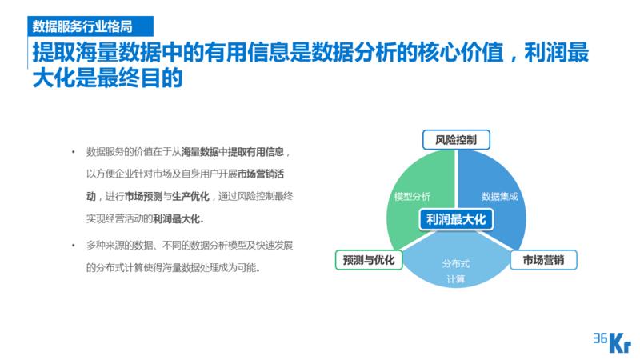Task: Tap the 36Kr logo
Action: click(x=612, y=341)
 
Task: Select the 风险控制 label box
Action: click(x=456, y=140)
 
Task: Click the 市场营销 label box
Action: click(x=543, y=260)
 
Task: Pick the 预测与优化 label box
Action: click(x=368, y=260)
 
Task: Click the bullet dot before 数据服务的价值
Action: click(x=74, y=151)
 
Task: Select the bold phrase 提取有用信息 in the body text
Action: click(x=256, y=151)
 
